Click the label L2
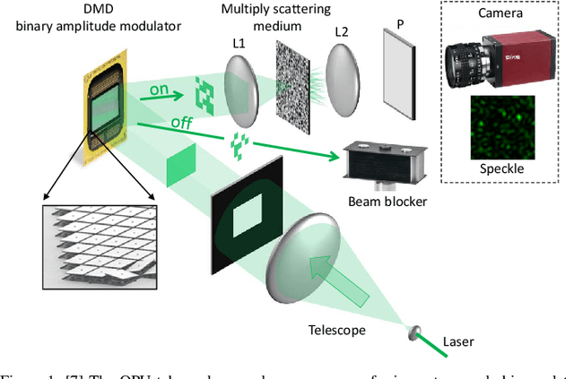tap(342, 32)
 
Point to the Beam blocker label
tap(387, 201)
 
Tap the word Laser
tap(458, 340)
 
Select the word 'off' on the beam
tap(181, 123)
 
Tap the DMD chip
tap(107, 103)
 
